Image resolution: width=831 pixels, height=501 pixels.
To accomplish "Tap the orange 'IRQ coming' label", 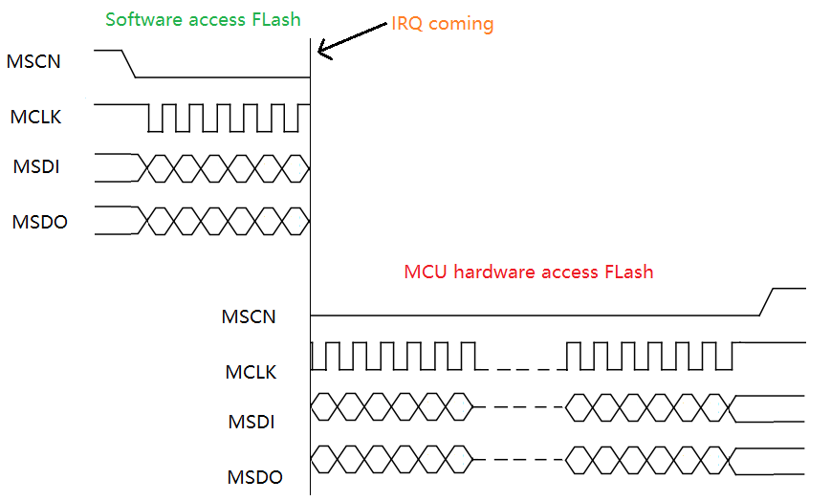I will [442, 24].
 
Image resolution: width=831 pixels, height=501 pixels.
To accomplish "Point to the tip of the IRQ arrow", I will [319, 54].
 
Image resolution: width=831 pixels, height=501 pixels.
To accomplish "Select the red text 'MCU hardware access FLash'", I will [528, 272].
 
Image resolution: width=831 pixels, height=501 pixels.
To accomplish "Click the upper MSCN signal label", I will [35, 62].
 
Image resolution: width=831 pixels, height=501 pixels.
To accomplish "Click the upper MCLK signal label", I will [36, 118].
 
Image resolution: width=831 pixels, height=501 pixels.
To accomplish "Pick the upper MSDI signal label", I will [36, 167].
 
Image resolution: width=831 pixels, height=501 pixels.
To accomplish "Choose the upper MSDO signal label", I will [39, 222].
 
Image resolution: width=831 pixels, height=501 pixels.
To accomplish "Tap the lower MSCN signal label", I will [249, 316].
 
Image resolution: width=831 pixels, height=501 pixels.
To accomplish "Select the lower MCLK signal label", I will [251, 372].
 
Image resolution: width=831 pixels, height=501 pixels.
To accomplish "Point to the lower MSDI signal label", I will [251, 421].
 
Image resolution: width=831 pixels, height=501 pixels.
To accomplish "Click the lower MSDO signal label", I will [254, 476].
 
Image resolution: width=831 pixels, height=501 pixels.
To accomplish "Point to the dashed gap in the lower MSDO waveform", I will [519, 460].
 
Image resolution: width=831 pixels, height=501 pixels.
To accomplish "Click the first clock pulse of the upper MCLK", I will [156, 118].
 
